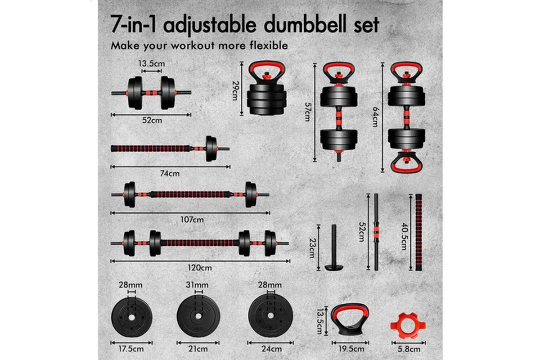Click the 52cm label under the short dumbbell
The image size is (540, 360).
click(x=152, y=120)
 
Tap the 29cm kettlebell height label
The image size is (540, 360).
click(x=235, y=90)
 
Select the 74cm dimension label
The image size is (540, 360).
click(x=170, y=173)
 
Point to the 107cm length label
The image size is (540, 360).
click(x=192, y=220)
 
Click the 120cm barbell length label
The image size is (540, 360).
click(x=200, y=268)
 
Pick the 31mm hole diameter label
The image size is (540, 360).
click(x=197, y=285)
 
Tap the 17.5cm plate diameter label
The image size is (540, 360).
click(x=131, y=349)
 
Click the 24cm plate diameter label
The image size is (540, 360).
click(x=272, y=349)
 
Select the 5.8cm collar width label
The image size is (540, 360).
click(x=409, y=349)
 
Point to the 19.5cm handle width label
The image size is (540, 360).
click(x=351, y=349)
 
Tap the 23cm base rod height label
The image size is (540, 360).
click(x=312, y=248)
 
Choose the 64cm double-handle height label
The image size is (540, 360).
click(x=376, y=117)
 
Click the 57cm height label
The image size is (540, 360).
click(x=308, y=112)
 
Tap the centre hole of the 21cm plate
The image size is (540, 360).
click(x=198, y=316)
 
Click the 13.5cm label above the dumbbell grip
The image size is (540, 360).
click(x=152, y=63)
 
